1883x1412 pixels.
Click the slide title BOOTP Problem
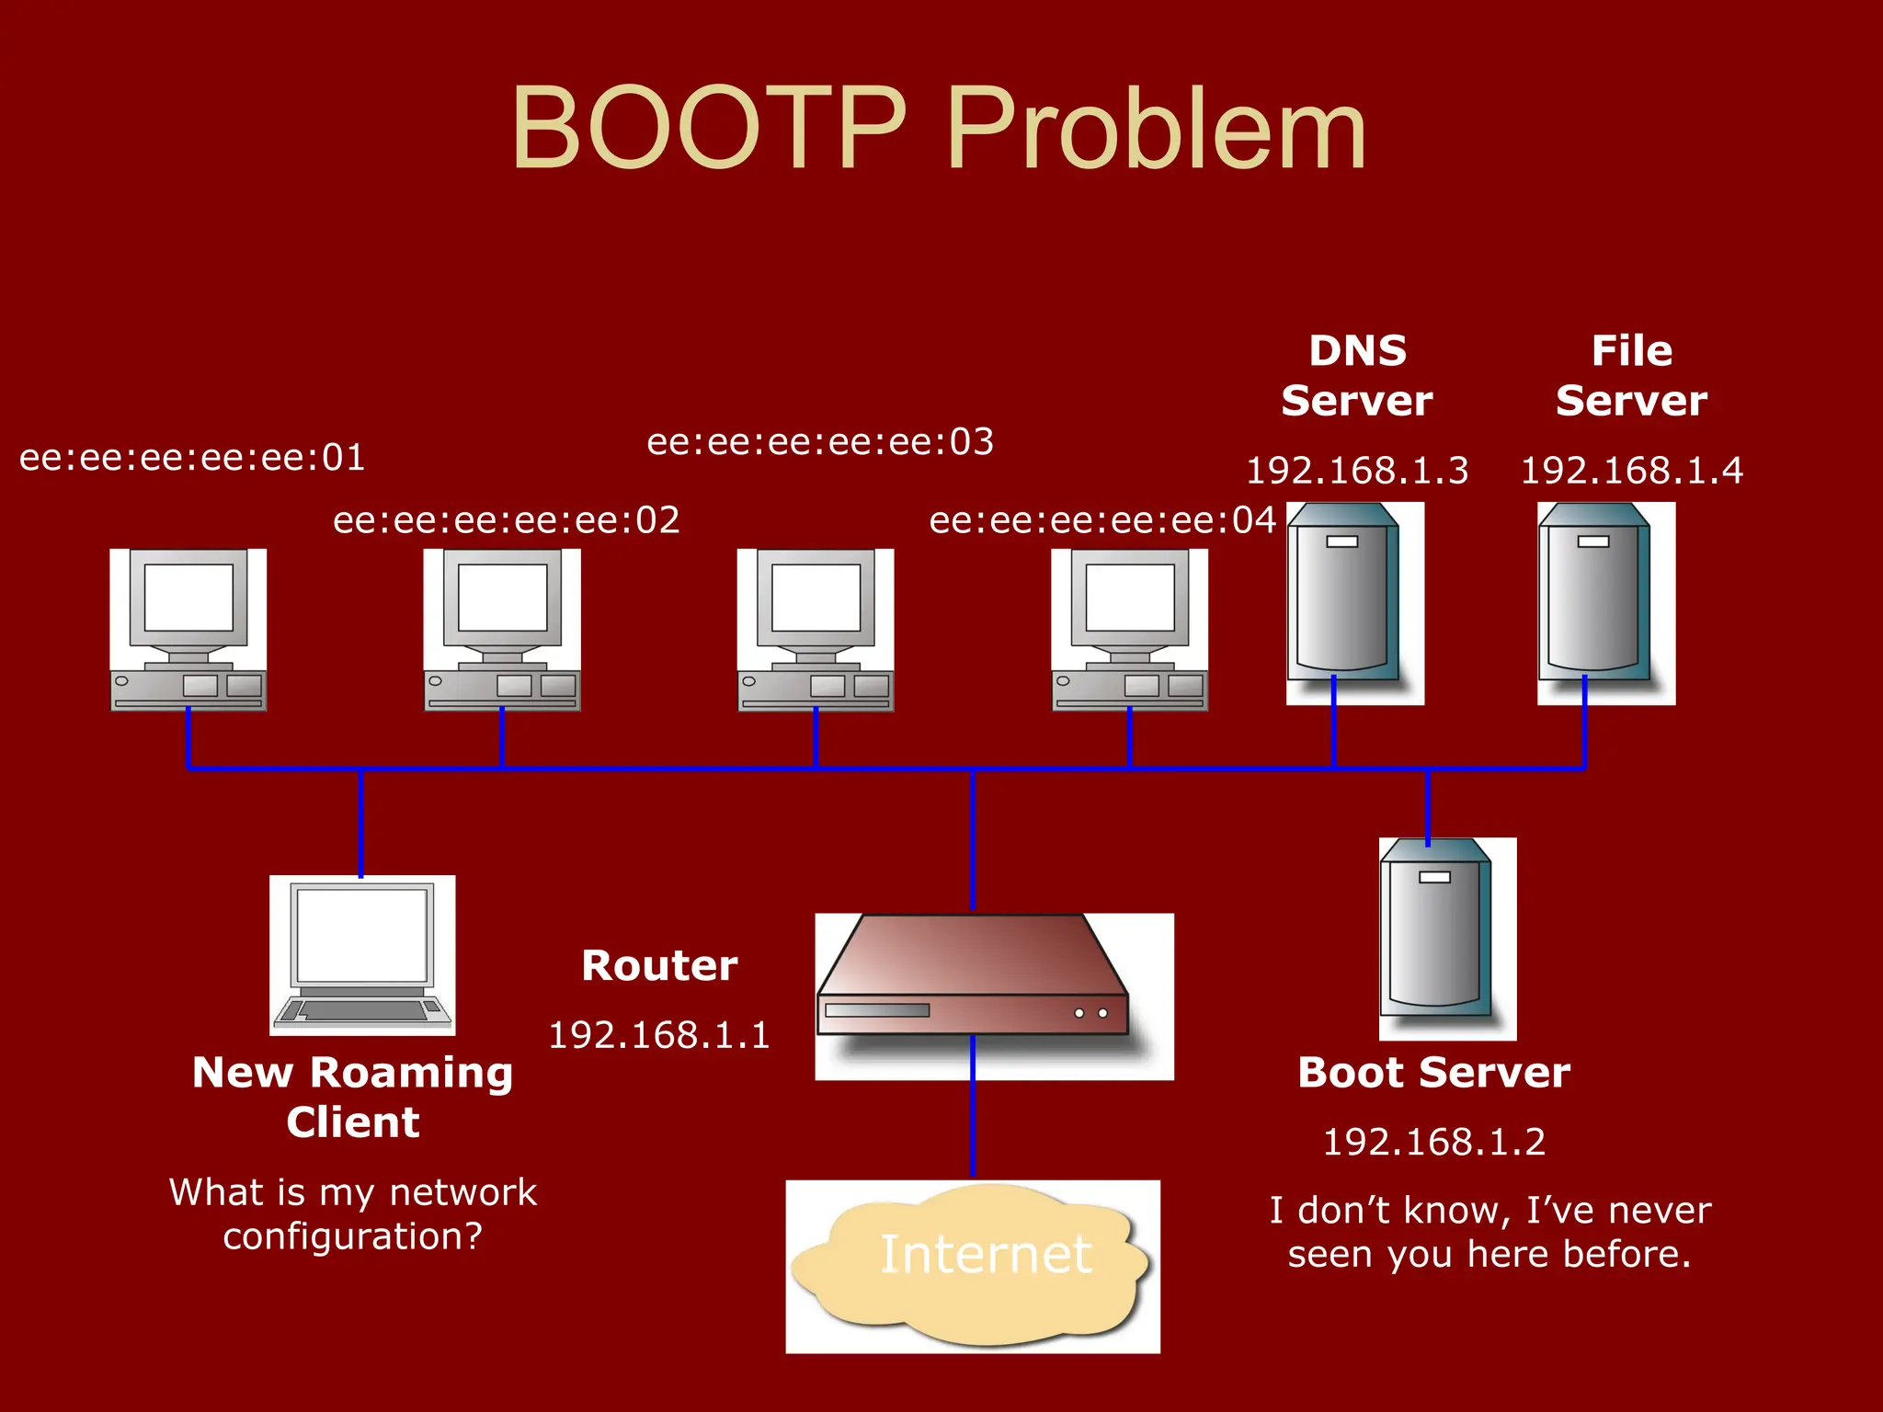(939, 129)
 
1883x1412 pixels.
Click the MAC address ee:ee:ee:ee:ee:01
(192, 458)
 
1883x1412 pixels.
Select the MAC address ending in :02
(507, 520)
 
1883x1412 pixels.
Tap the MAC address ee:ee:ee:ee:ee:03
(820, 442)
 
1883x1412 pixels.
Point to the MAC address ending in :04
(1102, 520)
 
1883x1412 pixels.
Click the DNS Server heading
(1357, 375)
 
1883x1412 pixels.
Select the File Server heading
(1631, 375)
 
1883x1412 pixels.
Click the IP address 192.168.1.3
(1357, 471)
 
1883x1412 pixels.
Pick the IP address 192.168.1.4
(1631, 471)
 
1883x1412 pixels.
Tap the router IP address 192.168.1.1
(659, 1035)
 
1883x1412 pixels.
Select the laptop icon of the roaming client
(362, 954)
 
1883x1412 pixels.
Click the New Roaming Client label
(353, 1097)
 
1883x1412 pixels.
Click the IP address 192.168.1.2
(1434, 1142)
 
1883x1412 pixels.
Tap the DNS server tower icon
(1345, 602)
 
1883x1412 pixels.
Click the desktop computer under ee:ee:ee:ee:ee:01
(188, 630)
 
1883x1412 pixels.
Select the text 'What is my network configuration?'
(353, 1213)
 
